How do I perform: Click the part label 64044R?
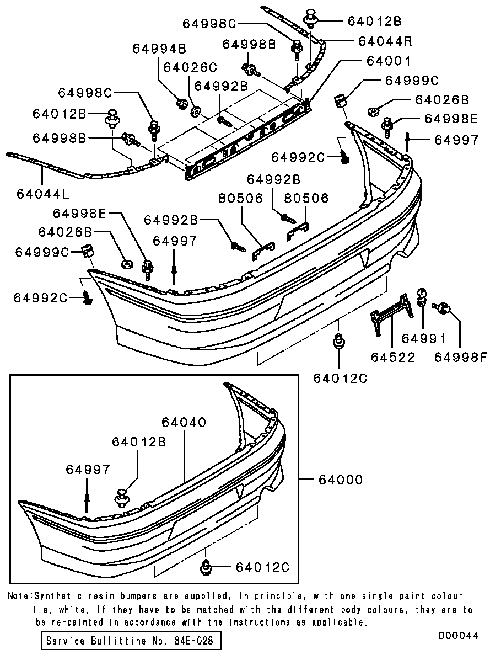pos(385,41)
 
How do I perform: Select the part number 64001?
pos(385,61)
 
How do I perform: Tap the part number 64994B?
pos(159,49)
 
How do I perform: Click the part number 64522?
pos(393,356)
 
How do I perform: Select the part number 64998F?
pos(461,356)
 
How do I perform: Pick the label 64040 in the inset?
pos(184,422)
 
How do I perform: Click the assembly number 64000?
pos(340,480)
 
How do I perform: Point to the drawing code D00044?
pos(459,635)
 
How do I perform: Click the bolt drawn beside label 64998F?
pos(441,306)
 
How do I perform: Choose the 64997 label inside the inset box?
pos(88,469)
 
